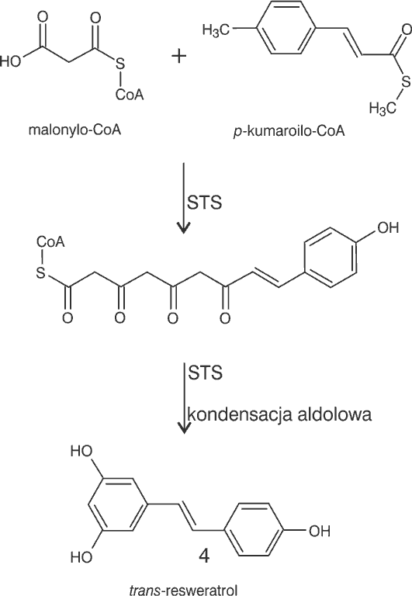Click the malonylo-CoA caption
pyautogui.click(x=75, y=130)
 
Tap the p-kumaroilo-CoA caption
pyautogui.click(x=289, y=130)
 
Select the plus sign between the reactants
pyautogui.click(x=178, y=57)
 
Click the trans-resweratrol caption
pyautogui.click(x=183, y=591)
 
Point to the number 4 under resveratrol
pyautogui.click(x=204, y=556)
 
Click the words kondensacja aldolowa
pyautogui.click(x=279, y=414)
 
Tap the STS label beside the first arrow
pyautogui.click(x=204, y=203)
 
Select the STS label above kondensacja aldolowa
pyautogui.click(x=206, y=372)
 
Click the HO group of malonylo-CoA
pyautogui.click(x=10, y=61)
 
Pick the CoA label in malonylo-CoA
pyautogui.click(x=130, y=94)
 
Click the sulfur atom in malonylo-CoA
pyautogui.click(x=120, y=64)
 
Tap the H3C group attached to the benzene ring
pyautogui.click(x=216, y=29)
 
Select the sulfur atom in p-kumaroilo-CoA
pyautogui.click(x=407, y=81)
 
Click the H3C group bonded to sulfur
pyautogui.click(x=383, y=109)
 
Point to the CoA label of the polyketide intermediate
pyautogui.click(x=50, y=241)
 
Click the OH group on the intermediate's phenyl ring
pyautogui.click(x=388, y=227)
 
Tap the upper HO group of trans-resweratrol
pyautogui.click(x=81, y=451)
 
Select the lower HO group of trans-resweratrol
pyautogui.click(x=81, y=557)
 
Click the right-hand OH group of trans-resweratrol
pyautogui.click(x=319, y=531)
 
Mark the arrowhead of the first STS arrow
pyautogui.click(x=184, y=229)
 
